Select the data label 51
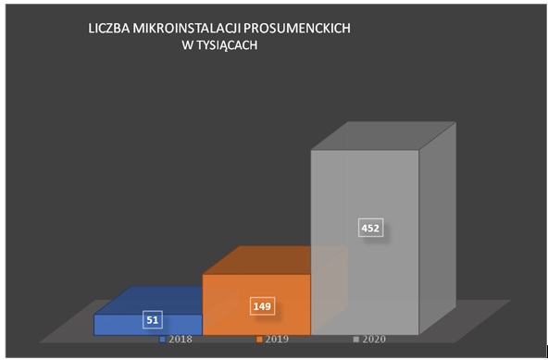pyautogui.click(x=155, y=320)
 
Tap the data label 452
pyautogui.click(x=370, y=227)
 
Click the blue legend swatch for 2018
pyautogui.click(x=164, y=340)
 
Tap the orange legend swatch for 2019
pyautogui.click(x=260, y=340)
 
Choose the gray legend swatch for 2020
pyautogui.click(x=355, y=340)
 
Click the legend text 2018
pyautogui.click(x=181, y=340)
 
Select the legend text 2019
pyautogui.click(x=277, y=340)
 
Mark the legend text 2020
pyautogui.click(x=372, y=340)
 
